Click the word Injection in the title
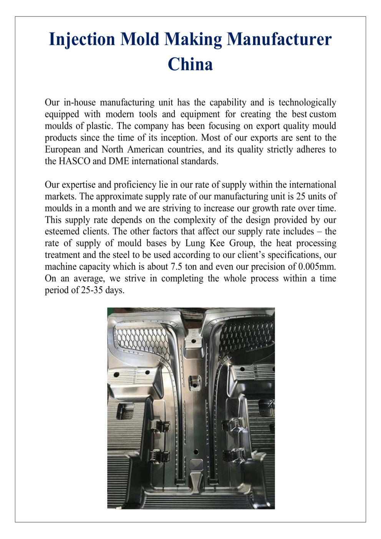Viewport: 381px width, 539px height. [x=82, y=40]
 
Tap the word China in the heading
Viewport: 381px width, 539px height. [x=190, y=64]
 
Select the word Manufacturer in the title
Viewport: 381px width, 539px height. [x=279, y=40]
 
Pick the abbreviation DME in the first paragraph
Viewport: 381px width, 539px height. [x=119, y=161]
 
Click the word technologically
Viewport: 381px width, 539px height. [x=307, y=103]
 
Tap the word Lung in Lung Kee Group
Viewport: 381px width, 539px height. [x=195, y=244]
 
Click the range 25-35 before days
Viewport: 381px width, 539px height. [x=92, y=290]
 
